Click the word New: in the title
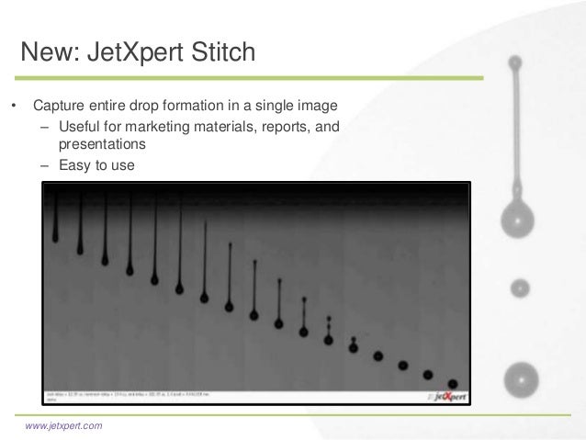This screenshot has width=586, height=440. (x=51, y=52)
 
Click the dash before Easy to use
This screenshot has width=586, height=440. (x=43, y=166)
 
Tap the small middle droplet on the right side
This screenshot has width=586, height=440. (x=520, y=288)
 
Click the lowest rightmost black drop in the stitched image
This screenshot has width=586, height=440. (x=452, y=381)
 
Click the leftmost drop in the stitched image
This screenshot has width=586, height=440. (x=56, y=237)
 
